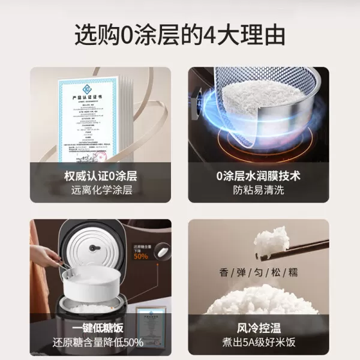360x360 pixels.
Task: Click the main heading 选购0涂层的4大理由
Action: pyautogui.click(x=179, y=35)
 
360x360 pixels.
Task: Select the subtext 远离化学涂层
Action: pyautogui.click(x=101, y=191)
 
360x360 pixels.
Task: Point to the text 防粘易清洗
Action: pyautogui.click(x=258, y=191)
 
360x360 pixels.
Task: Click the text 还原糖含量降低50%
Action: pyautogui.click(x=101, y=343)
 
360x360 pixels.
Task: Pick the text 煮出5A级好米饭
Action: pyautogui.click(x=258, y=343)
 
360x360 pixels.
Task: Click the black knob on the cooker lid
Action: pyautogui.click(x=92, y=248)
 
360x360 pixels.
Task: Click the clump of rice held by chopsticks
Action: pyautogui.click(x=271, y=240)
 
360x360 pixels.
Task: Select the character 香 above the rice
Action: pyautogui.click(x=224, y=273)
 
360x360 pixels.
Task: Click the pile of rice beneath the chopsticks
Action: pyautogui.click(x=258, y=300)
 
